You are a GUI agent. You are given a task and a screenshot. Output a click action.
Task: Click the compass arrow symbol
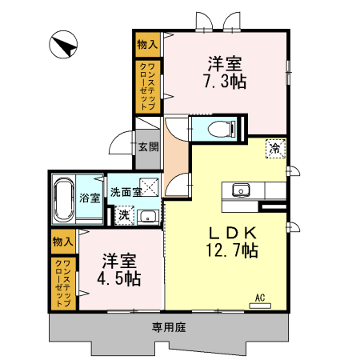pyautogui.click(x=63, y=45)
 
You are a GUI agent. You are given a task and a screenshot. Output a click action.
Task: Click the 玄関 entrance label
pyautogui.click(x=147, y=146)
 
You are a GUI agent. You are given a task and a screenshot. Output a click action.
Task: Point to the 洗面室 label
pyautogui.click(x=126, y=192)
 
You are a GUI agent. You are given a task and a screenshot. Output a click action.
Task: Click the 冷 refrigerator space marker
pyautogui.click(x=274, y=148)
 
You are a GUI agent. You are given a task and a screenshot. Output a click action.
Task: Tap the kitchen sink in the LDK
pyautogui.click(x=240, y=190)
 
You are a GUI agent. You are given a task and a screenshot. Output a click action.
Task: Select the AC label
pyautogui.click(x=258, y=298)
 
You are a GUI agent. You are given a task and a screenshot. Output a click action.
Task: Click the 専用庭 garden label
pyautogui.click(x=168, y=326)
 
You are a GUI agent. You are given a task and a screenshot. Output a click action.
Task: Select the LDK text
pyautogui.click(x=233, y=232)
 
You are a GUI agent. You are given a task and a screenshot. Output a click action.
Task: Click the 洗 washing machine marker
pyautogui.click(x=124, y=214)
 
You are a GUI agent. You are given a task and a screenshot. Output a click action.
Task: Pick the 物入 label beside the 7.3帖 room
pyautogui.click(x=146, y=44)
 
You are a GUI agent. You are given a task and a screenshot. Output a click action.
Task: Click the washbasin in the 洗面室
pyautogui.click(x=147, y=215)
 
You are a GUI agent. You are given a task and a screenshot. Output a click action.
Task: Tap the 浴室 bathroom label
pyautogui.click(x=89, y=198)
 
